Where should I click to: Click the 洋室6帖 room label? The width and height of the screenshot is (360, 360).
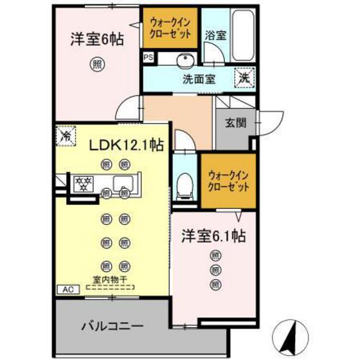96,40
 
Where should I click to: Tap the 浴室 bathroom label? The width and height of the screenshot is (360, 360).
215,35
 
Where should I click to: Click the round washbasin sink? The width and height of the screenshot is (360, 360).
185,60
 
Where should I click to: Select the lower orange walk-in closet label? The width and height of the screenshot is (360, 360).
226,180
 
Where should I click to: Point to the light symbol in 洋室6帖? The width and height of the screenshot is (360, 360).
96,64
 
